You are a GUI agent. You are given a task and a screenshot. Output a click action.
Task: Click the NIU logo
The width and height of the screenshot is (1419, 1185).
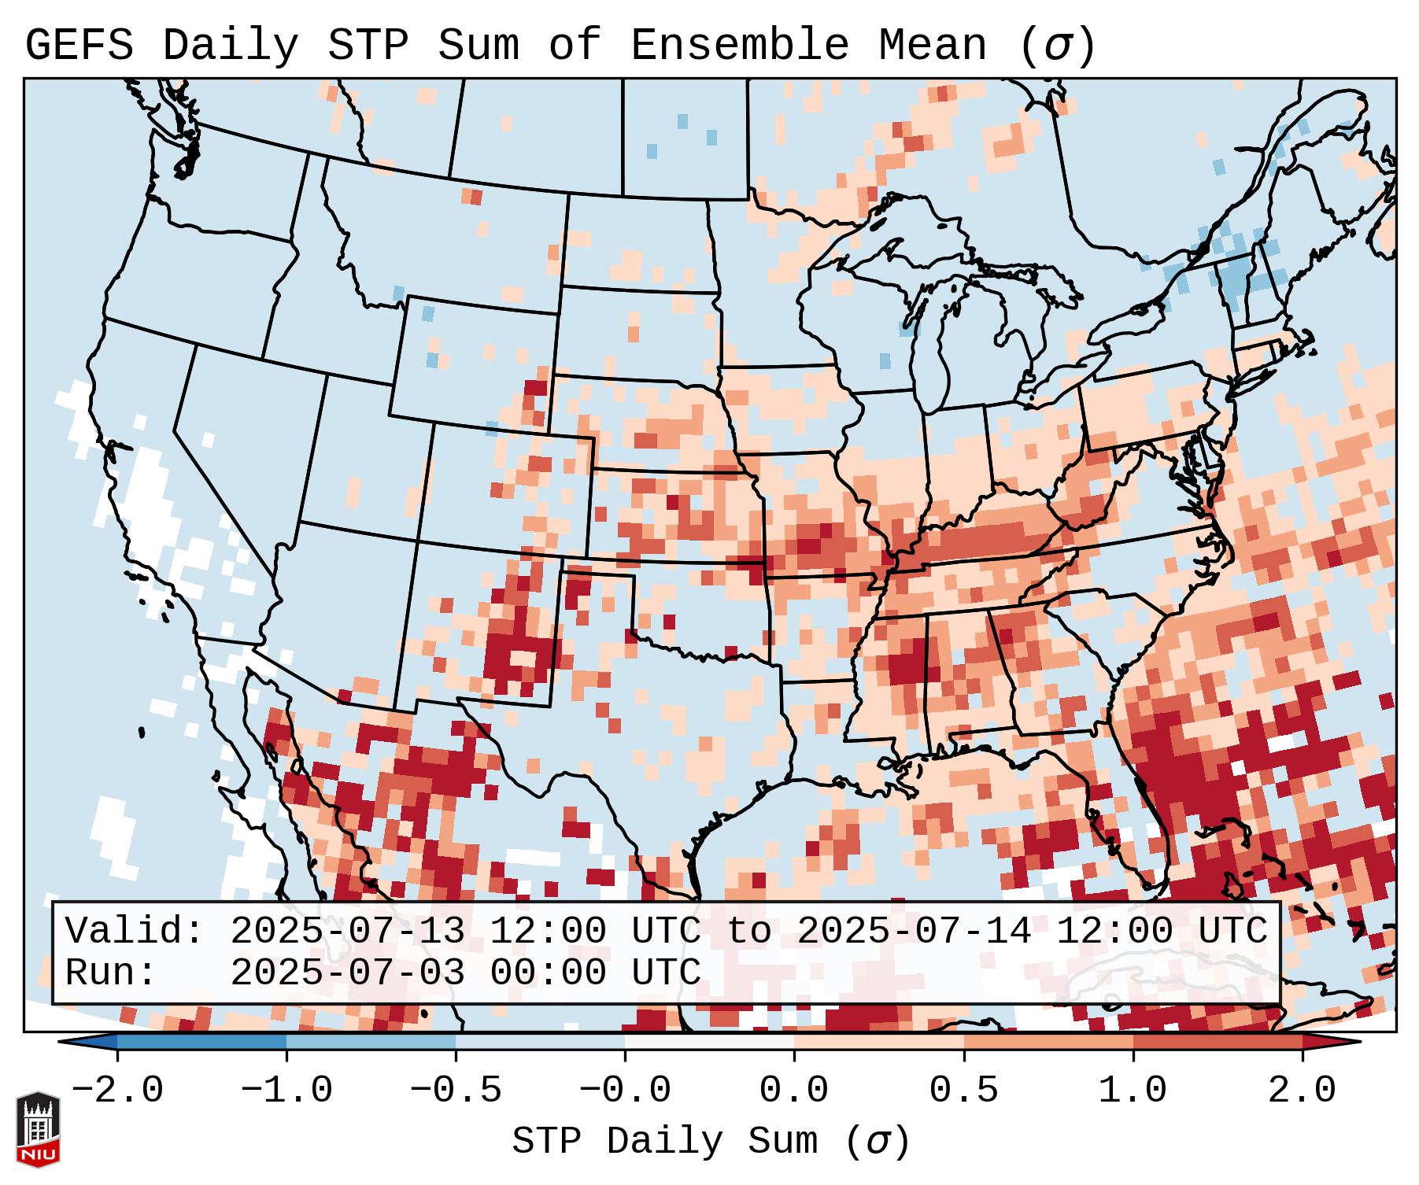coord(38,1129)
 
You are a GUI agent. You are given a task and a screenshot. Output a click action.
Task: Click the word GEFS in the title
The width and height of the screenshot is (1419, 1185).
coord(79,46)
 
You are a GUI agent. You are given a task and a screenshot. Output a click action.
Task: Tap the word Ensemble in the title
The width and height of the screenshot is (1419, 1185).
coord(740,46)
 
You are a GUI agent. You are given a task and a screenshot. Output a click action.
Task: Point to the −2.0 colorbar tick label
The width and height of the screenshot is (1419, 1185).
coord(117,1091)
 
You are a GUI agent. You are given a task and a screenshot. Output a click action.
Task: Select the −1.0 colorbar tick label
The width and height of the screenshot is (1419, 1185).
coord(286,1091)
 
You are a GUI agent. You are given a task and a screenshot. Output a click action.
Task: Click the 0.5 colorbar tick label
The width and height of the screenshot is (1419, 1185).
coord(964,1091)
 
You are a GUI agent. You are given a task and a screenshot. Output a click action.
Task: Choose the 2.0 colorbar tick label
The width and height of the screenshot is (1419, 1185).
coord(1303,1091)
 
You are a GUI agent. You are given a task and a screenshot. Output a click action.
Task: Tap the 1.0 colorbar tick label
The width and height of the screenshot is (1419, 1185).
coord(1133,1091)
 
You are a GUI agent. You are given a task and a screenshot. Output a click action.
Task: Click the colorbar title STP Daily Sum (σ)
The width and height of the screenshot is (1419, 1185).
coord(711,1142)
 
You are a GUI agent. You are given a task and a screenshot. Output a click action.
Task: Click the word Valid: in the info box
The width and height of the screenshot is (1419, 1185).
coord(135,932)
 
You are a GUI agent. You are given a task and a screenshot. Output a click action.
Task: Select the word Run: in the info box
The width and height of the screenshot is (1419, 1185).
coord(111,973)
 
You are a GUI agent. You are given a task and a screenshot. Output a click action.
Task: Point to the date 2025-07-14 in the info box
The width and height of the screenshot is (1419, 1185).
coord(914,932)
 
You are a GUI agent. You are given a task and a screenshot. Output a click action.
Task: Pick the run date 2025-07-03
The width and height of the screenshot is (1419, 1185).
coord(347,973)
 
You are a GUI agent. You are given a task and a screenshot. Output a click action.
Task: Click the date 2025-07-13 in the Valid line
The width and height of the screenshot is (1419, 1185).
coord(347,932)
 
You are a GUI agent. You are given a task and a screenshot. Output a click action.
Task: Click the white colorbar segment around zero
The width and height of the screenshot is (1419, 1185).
coord(709,1043)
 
